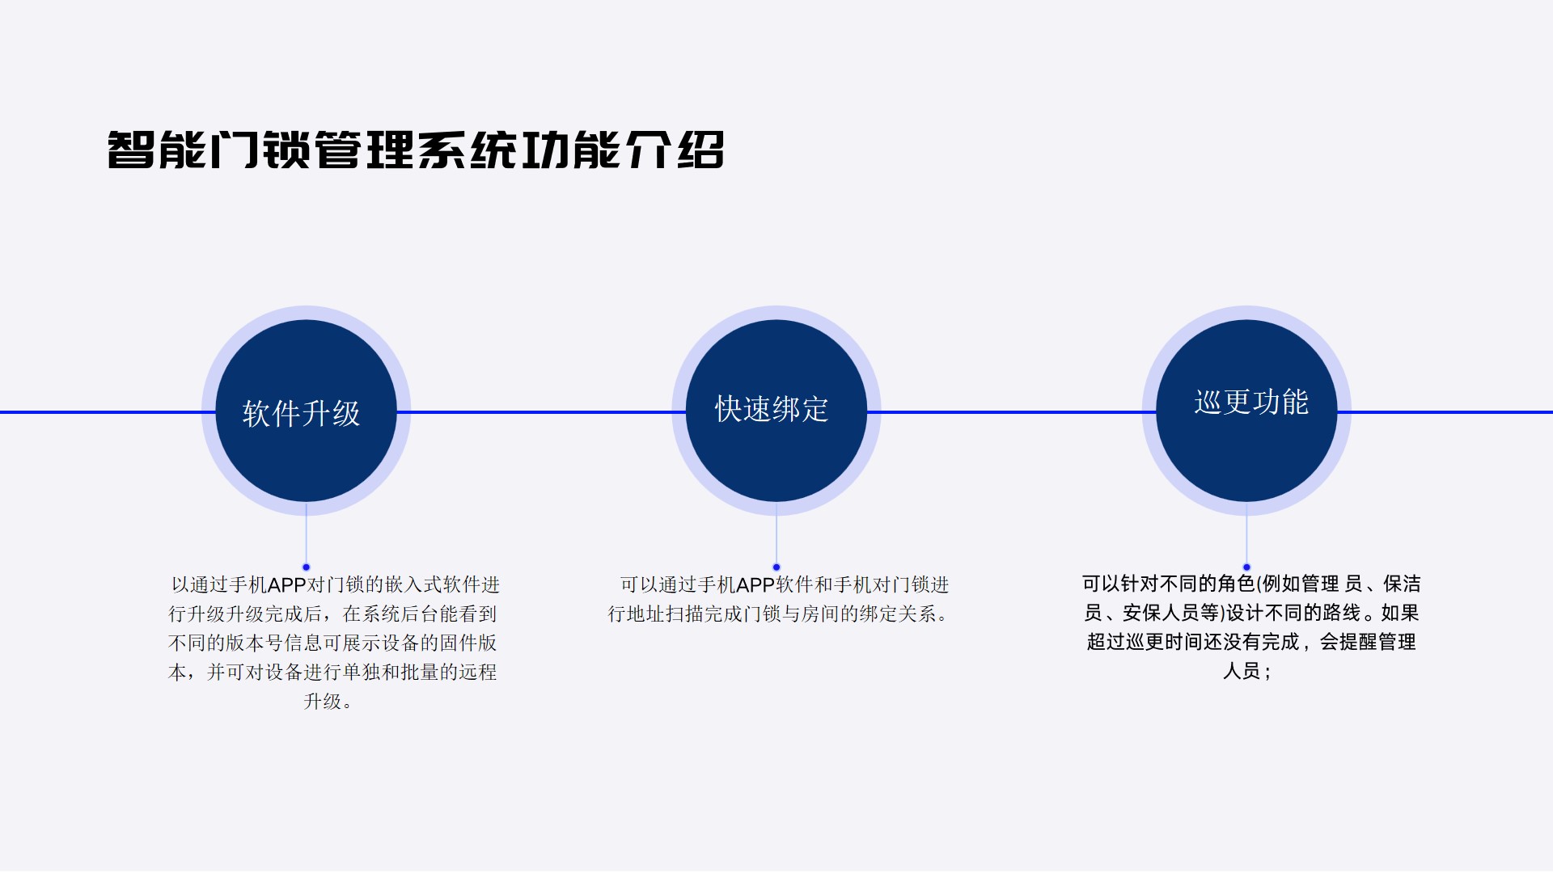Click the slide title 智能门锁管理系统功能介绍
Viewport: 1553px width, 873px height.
416,150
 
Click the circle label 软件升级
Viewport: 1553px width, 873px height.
301,413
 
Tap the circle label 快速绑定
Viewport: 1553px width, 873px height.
772,409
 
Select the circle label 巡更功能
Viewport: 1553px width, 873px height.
1251,402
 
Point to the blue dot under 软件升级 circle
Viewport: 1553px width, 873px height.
306,567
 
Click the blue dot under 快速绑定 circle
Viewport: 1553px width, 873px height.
776,567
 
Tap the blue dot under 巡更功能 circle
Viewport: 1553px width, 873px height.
1246,567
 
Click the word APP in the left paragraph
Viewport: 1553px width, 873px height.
286,585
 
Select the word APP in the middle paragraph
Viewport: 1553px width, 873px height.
755,585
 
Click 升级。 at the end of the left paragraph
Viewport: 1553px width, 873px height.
328,702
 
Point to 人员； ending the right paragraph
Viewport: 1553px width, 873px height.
1246,671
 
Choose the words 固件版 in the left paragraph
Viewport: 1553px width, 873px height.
468,643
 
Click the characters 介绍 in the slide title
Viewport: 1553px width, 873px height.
675,150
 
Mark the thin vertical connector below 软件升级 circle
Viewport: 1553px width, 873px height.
306,533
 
